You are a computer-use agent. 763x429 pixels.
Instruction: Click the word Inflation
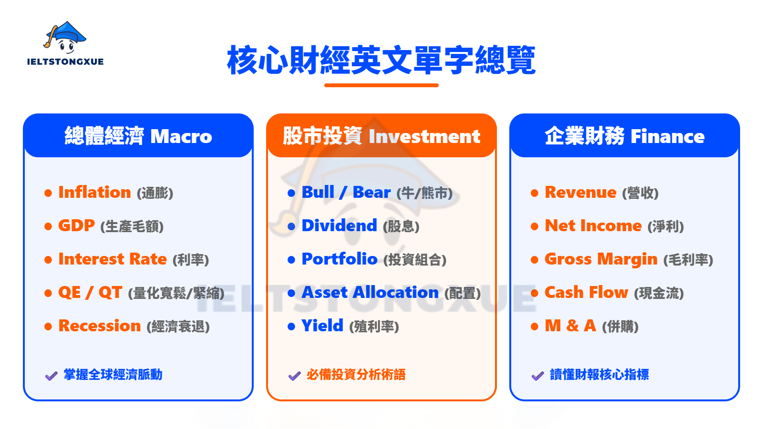(x=95, y=192)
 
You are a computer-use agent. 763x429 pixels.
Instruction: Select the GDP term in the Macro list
(x=76, y=225)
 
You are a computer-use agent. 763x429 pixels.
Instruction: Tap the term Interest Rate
(x=113, y=259)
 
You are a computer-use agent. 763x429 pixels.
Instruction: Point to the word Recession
(x=100, y=326)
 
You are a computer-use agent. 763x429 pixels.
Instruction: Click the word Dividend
(x=339, y=225)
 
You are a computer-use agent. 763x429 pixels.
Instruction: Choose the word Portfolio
(x=340, y=259)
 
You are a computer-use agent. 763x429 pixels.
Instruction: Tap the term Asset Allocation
(x=370, y=292)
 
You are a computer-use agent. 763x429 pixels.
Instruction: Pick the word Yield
(x=322, y=326)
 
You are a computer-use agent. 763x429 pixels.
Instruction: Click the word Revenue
(x=580, y=193)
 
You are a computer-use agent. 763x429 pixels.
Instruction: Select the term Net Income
(x=593, y=225)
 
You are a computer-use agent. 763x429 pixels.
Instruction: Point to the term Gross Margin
(x=601, y=259)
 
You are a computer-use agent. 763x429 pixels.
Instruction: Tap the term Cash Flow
(x=586, y=292)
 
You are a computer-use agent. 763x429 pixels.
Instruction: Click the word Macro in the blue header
(x=181, y=136)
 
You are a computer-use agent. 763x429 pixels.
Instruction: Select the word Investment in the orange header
(x=424, y=136)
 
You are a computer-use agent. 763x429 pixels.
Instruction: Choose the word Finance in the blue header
(x=668, y=136)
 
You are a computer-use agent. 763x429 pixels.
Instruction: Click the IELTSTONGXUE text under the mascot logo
(x=65, y=61)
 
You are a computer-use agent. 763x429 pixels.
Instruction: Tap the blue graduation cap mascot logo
(x=65, y=38)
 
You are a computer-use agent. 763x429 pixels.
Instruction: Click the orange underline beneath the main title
(x=381, y=85)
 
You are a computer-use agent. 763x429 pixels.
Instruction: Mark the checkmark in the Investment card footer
(x=294, y=376)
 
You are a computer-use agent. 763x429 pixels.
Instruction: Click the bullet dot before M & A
(x=535, y=327)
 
